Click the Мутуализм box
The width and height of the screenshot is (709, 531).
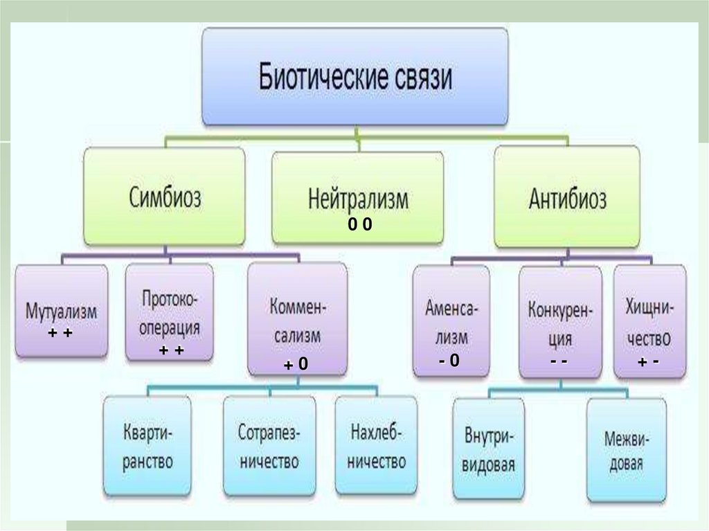(x=62, y=311)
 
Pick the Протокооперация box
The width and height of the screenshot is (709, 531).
(x=170, y=312)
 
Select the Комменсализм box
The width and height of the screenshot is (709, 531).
(x=297, y=318)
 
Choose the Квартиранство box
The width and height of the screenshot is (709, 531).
(x=147, y=446)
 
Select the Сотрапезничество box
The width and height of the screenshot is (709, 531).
(x=269, y=446)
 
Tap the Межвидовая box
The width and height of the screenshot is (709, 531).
(x=626, y=450)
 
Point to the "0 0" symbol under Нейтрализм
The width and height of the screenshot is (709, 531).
(x=360, y=224)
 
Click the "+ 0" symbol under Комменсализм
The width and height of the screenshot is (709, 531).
(x=296, y=365)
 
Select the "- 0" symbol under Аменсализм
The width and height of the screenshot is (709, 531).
(x=449, y=360)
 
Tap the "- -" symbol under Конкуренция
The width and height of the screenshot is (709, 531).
(x=559, y=361)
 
